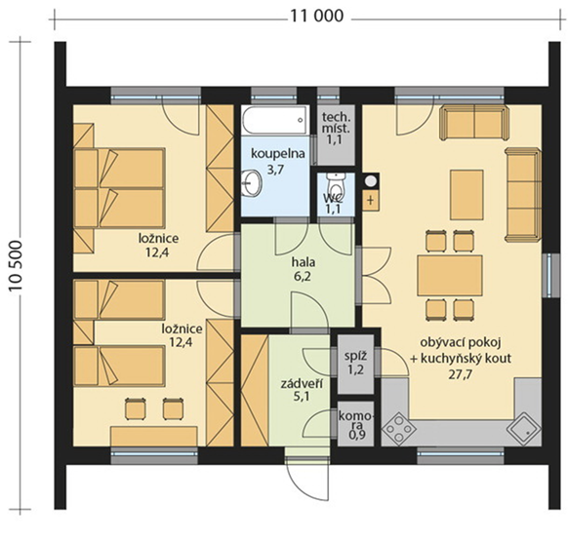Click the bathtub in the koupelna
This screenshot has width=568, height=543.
275,121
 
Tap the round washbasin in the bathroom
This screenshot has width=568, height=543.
252,181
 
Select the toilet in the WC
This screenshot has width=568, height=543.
336,185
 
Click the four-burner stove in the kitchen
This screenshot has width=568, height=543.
398,428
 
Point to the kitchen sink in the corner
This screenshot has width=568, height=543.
524,428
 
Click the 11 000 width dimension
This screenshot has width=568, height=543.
316,16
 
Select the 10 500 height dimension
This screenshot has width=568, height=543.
17,265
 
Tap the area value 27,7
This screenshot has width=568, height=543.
460,374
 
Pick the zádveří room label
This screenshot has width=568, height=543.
303,384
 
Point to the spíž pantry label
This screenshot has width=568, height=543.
355,356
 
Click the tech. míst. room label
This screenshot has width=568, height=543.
337,123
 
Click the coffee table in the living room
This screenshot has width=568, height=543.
467,195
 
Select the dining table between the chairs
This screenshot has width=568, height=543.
450,276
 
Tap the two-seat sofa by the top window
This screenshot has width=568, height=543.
474,122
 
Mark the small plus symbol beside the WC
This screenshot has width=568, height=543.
371,200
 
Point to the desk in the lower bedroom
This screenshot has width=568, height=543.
154,436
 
